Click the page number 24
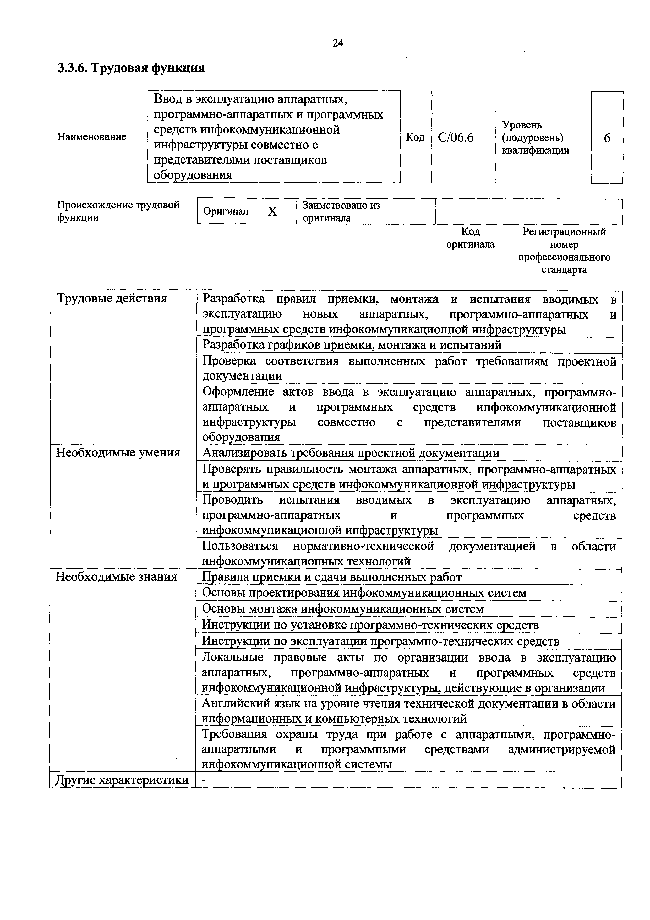pos(337,43)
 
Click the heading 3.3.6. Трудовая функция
pos(131,68)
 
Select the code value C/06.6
pos(456,138)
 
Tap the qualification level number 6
pos(607,138)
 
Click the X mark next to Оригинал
pos(272,211)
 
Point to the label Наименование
pos(92,137)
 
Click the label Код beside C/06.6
pos(415,137)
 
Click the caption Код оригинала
pos(471,238)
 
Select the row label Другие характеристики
pos(122,779)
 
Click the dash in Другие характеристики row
pos(204,779)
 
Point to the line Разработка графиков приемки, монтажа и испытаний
pos(352,345)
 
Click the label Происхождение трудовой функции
pos(118,211)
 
